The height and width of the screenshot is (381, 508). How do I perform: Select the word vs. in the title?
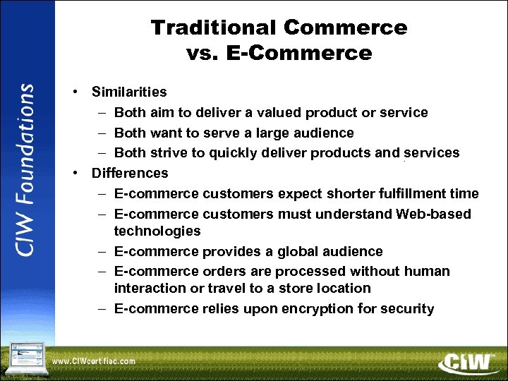click(x=204, y=54)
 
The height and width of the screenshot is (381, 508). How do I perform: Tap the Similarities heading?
click(x=129, y=92)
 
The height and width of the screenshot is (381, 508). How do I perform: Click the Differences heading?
click(x=130, y=173)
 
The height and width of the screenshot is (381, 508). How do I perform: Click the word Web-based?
click(x=434, y=214)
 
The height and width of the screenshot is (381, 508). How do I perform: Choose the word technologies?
click(x=157, y=231)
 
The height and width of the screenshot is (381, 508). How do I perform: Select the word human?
click(x=428, y=272)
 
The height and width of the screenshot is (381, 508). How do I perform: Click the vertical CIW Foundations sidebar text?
click(x=26, y=170)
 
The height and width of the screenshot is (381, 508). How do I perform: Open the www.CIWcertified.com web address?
click(x=93, y=361)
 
